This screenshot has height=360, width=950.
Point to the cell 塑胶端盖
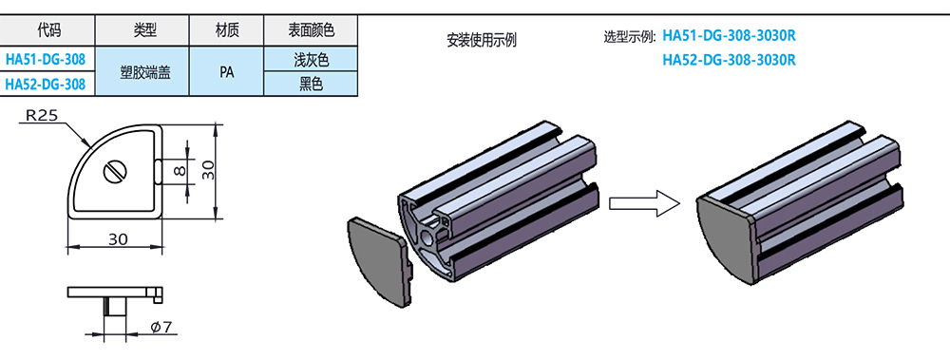[144, 71]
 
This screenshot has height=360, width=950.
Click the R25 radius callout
[43, 116]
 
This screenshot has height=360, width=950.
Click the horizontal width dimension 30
[118, 239]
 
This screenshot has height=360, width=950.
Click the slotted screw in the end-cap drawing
[117, 173]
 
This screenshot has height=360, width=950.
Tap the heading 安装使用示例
[481, 41]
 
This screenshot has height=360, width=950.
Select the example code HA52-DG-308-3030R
[729, 60]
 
